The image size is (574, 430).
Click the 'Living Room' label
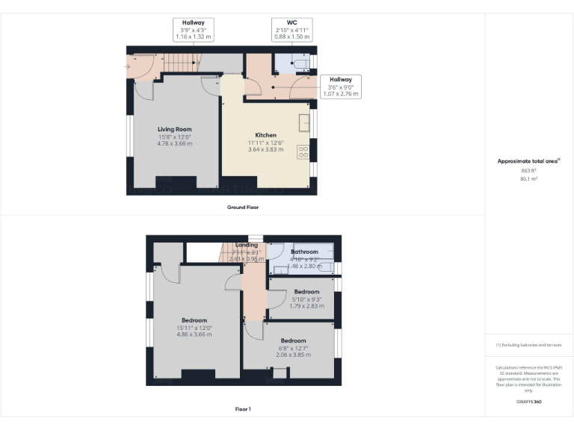[x=174, y=129]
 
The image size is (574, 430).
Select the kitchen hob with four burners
[x=304, y=152]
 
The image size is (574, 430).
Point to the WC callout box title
[x=292, y=22]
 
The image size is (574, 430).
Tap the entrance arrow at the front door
[x=129, y=67]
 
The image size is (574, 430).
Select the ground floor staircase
[x=179, y=63]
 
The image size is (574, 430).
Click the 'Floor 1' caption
[x=243, y=408]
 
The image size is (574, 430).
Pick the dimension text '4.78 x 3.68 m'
[x=174, y=143]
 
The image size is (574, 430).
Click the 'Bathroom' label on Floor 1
[x=304, y=252]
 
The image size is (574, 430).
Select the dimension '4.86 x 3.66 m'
[x=194, y=334]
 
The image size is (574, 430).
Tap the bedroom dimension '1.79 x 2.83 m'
[x=306, y=305]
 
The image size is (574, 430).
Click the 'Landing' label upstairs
[x=247, y=245]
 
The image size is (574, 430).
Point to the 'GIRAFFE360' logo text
[x=528, y=402]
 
